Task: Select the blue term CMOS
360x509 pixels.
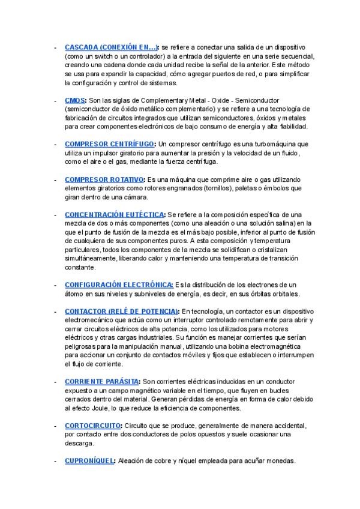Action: pyautogui.click(x=74, y=100)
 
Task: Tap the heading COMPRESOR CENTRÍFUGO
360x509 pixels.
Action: pyautogui.click(x=110, y=144)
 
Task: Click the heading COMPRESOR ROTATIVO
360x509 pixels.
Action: pyautogui.click(x=104, y=179)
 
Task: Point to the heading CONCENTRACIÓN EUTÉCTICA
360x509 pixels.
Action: pyautogui.click(x=114, y=214)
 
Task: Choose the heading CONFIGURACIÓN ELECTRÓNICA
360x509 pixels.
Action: pyautogui.click(x=118, y=285)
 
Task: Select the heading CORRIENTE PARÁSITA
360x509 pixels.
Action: pyautogui.click(x=101, y=381)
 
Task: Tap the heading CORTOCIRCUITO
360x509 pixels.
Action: pyautogui.click(x=94, y=426)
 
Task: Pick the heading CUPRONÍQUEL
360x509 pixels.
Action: pyautogui.click(x=89, y=460)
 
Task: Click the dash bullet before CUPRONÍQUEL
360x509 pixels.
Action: pyautogui.click(x=55, y=460)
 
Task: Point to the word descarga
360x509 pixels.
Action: pyautogui.click(x=79, y=444)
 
